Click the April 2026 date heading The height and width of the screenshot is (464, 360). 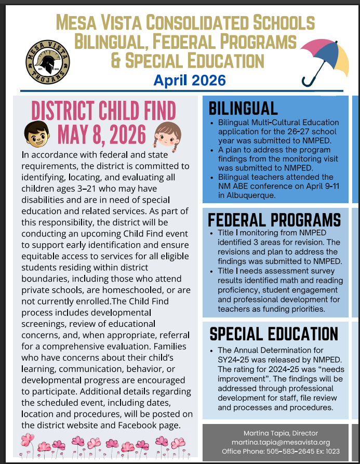190,80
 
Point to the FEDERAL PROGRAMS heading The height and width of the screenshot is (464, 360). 274,220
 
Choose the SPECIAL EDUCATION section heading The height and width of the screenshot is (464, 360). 273,334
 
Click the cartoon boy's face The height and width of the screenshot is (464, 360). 36,133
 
